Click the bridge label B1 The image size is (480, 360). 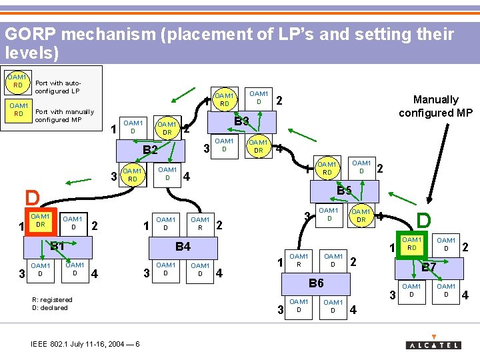coord(57,245)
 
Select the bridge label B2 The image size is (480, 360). coord(151,149)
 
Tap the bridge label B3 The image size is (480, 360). coord(241,121)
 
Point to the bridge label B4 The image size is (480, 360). coord(183,247)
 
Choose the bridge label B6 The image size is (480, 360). coord(316,283)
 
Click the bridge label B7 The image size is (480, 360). coord(429,267)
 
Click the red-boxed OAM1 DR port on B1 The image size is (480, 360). coord(41,222)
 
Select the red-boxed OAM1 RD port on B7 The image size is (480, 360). coord(411,244)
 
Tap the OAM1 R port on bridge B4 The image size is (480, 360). coord(200,223)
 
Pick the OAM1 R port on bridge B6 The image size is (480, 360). coord(299,260)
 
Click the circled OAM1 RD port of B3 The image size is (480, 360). coord(225,100)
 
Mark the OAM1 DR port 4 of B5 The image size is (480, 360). coord(361,216)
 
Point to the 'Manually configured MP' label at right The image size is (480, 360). coord(435,106)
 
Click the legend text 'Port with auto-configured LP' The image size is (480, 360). coord(57,87)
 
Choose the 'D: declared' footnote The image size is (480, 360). coord(50,307)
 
